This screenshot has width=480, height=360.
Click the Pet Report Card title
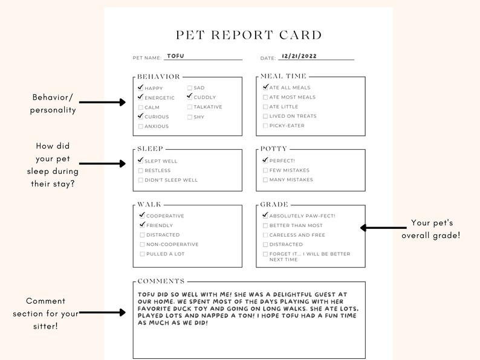(248, 35)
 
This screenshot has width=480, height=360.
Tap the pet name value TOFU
(175, 56)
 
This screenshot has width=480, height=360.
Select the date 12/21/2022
(299, 56)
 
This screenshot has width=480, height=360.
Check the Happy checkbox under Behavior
(141, 88)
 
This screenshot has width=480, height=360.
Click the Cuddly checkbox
(190, 97)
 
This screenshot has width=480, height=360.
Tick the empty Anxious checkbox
(141, 126)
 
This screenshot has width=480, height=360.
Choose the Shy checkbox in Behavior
(190, 117)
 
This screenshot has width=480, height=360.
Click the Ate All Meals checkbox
(265, 88)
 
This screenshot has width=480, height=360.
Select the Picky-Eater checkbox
(265, 126)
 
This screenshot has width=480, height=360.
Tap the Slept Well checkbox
(141, 161)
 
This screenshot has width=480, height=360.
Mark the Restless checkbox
(141, 170)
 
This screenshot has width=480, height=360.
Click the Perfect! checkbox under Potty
(265, 161)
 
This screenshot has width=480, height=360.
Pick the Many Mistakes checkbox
(265, 179)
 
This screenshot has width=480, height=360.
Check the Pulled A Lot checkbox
(142, 254)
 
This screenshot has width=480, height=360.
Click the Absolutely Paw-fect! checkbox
(265, 216)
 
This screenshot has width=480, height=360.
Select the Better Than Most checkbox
(265, 225)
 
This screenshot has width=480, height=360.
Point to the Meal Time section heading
(284, 76)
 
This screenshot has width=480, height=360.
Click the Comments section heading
(161, 281)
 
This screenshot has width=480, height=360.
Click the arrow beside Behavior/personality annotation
(102, 103)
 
